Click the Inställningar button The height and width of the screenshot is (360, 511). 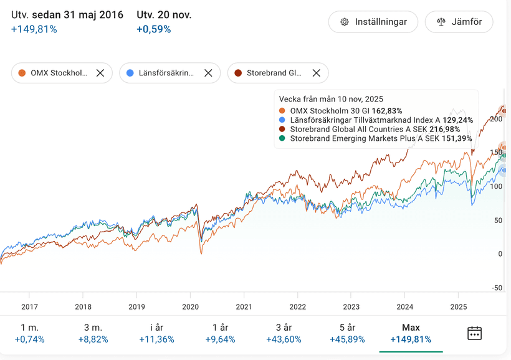click(x=373, y=22)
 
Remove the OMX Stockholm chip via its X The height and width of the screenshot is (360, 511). click(x=100, y=73)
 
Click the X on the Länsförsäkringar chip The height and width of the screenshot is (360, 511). click(x=208, y=73)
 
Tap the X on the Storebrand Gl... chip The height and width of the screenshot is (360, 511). click(x=316, y=73)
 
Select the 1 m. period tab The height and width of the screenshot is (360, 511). click(x=29, y=333)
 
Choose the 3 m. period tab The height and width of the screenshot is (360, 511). click(x=93, y=333)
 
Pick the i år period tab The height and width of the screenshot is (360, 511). click(x=156, y=333)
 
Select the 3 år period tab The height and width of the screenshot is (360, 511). click(x=284, y=333)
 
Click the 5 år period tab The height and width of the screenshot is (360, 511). click(x=347, y=333)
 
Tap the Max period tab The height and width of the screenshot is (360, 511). click(x=411, y=333)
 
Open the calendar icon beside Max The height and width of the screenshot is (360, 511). click(x=474, y=333)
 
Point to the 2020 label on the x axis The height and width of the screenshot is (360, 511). click(x=190, y=306)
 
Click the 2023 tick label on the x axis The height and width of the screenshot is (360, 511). click(x=351, y=306)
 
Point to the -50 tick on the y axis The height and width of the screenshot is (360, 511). click(x=497, y=288)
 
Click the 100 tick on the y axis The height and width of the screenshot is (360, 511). click(x=497, y=186)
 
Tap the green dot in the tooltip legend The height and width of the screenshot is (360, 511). click(x=282, y=138)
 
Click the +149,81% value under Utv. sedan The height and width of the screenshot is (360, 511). click(x=34, y=29)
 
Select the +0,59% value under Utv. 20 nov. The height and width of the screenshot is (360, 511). click(x=153, y=29)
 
